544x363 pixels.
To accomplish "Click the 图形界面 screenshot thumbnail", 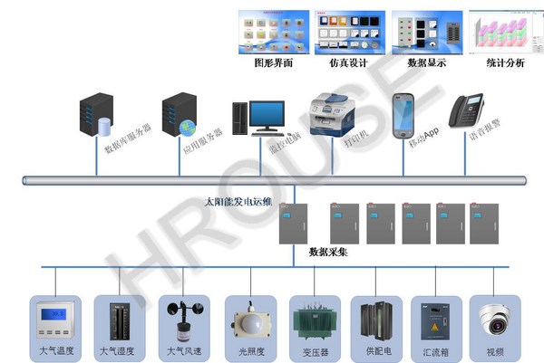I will (274, 33).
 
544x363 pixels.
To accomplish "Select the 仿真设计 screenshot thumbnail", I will (349, 33).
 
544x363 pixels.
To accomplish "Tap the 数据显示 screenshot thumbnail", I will (425, 33).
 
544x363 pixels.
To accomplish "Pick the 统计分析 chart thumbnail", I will (503, 33).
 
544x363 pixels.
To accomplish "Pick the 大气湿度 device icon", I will (117, 320).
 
